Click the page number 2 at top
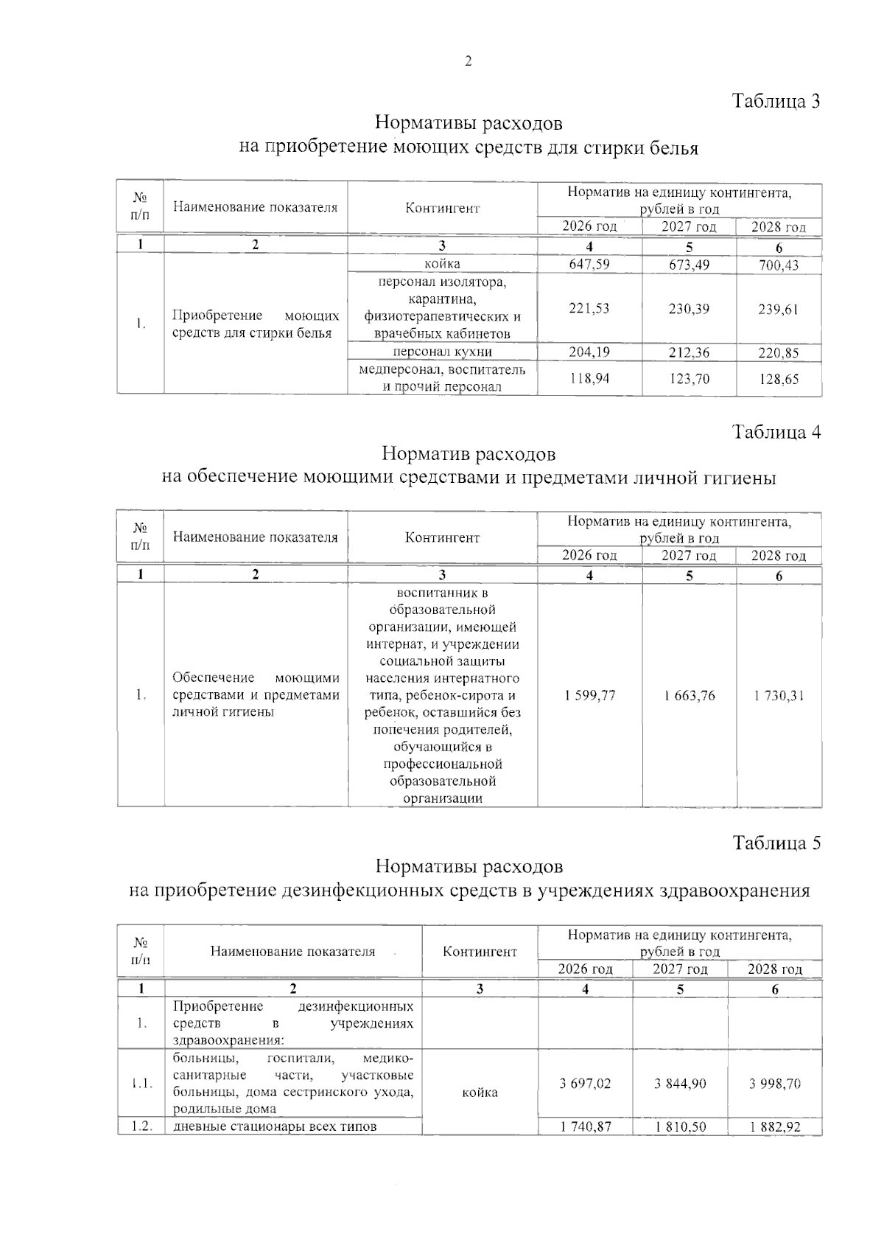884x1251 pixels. tap(468, 62)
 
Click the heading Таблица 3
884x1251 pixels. tap(776, 101)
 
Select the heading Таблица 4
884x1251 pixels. tap(776, 432)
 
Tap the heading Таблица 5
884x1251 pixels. tap(776, 843)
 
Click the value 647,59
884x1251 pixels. tap(589, 264)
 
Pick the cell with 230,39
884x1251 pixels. tap(689, 309)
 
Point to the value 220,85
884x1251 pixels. tap(779, 353)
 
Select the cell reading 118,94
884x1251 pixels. tap(589, 379)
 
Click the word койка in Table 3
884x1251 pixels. tap(442, 264)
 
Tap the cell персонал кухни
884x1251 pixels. tap(442, 352)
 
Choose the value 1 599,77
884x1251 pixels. tap(589, 696)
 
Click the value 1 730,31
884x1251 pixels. tap(779, 696)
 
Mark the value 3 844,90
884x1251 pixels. tap(680, 1084)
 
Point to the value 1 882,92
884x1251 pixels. tap(775, 1127)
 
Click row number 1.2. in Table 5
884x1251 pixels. tap(141, 1126)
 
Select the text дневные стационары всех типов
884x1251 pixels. tap(275, 1126)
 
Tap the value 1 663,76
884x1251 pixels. tap(689, 696)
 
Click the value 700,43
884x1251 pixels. tap(779, 265)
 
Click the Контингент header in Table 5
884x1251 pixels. tap(480, 952)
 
